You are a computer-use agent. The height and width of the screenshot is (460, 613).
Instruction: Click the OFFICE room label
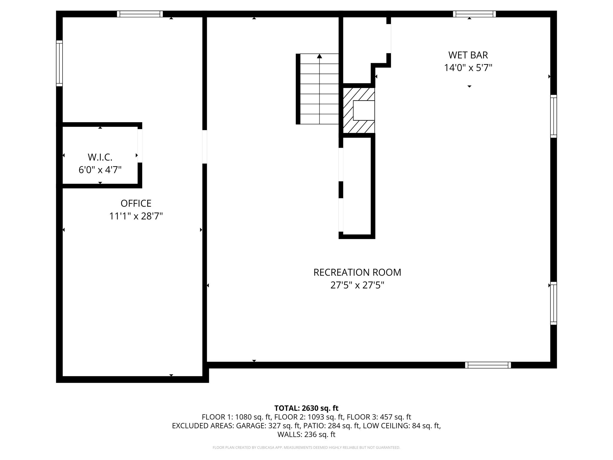[x=136, y=203]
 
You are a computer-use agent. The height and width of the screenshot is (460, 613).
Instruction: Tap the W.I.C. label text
[x=100, y=157]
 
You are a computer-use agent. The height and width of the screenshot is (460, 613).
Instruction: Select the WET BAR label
[x=468, y=55]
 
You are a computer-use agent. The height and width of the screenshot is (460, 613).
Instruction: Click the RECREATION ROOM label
[x=357, y=272]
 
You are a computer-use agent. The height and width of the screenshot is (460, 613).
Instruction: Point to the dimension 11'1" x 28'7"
[x=136, y=216]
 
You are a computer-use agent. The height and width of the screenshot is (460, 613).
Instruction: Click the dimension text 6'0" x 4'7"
[x=100, y=170]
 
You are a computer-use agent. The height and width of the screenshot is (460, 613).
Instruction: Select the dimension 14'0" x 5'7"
[x=468, y=68]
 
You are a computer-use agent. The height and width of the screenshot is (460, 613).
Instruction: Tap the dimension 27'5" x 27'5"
[x=357, y=285]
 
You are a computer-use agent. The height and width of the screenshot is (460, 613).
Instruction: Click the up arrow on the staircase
[x=319, y=56]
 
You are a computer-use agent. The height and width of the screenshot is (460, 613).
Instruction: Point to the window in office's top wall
[x=140, y=14]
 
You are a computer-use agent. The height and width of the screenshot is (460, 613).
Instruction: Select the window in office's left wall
[x=59, y=63]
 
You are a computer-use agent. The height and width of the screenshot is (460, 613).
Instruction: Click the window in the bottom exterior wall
[x=488, y=365]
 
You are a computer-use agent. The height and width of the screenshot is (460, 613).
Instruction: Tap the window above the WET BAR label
[x=474, y=14]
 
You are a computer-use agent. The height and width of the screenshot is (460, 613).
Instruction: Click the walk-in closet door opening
[x=140, y=146]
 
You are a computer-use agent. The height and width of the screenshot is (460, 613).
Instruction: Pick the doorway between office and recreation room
[x=204, y=147]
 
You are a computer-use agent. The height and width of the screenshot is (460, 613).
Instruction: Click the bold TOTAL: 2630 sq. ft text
[x=306, y=408]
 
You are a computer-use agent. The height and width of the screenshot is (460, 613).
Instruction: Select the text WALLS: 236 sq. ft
[x=306, y=435]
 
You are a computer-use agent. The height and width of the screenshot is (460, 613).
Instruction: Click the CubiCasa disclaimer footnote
[x=306, y=448]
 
